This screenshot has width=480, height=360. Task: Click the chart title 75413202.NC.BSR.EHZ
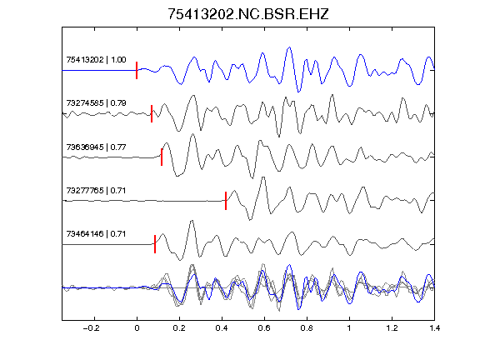(248, 14)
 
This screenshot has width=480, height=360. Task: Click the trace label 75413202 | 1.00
(96, 59)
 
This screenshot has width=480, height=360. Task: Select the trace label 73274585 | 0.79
(96, 102)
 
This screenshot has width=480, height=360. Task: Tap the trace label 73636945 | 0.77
(96, 147)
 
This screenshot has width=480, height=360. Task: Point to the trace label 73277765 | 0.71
(96, 190)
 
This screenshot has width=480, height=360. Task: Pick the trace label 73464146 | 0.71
(96, 234)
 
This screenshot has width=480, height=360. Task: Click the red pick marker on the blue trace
(137, 70)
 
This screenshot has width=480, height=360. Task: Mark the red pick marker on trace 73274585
(152, 113)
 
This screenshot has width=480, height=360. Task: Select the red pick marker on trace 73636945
(162, 157)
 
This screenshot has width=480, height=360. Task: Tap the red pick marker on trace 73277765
(226, 201)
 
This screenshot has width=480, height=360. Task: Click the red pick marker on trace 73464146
(155, 244)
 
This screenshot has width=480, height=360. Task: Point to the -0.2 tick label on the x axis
(92, 328)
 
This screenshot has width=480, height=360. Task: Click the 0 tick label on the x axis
(137, 328)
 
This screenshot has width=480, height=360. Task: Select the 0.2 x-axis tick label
(179, 328)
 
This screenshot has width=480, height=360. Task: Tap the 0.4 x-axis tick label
(222, 328)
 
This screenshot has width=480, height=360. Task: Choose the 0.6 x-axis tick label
(264, 328)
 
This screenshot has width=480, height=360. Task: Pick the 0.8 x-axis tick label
(307, 328)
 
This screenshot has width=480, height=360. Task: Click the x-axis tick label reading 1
(349, 328)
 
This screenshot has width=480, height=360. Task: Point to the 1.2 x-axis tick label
(392, 328)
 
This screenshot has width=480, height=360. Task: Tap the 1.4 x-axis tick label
(434, 328)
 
